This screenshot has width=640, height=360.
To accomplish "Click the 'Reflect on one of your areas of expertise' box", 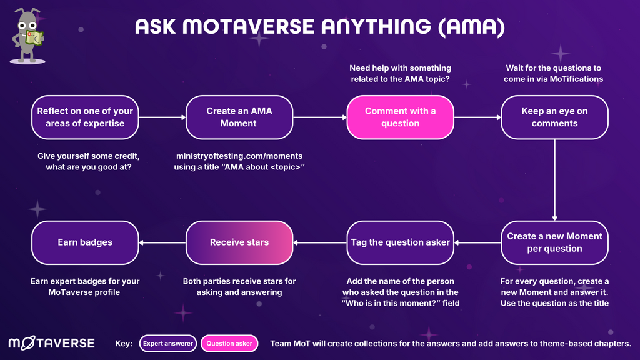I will (85, 117).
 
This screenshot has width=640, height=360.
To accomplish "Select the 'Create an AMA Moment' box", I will (239, 117).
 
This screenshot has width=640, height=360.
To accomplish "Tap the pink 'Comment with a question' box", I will (400, 117).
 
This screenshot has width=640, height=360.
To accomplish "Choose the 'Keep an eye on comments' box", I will (554, 117).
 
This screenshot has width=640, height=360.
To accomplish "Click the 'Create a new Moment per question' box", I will (554, 242).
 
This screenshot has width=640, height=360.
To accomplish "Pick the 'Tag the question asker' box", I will (400, 242).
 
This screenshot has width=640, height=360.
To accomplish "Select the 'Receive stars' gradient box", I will (239, 242).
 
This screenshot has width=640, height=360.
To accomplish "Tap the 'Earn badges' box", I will (85, 242).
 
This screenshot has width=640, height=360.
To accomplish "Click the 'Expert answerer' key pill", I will (167, 344).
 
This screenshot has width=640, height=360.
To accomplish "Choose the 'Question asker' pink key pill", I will (229, 344).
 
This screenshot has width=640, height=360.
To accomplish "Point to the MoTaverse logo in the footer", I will (51, 343).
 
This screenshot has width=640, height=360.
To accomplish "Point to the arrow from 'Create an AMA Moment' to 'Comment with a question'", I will (319, 117).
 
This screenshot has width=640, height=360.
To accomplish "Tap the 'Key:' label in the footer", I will (124, 344).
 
